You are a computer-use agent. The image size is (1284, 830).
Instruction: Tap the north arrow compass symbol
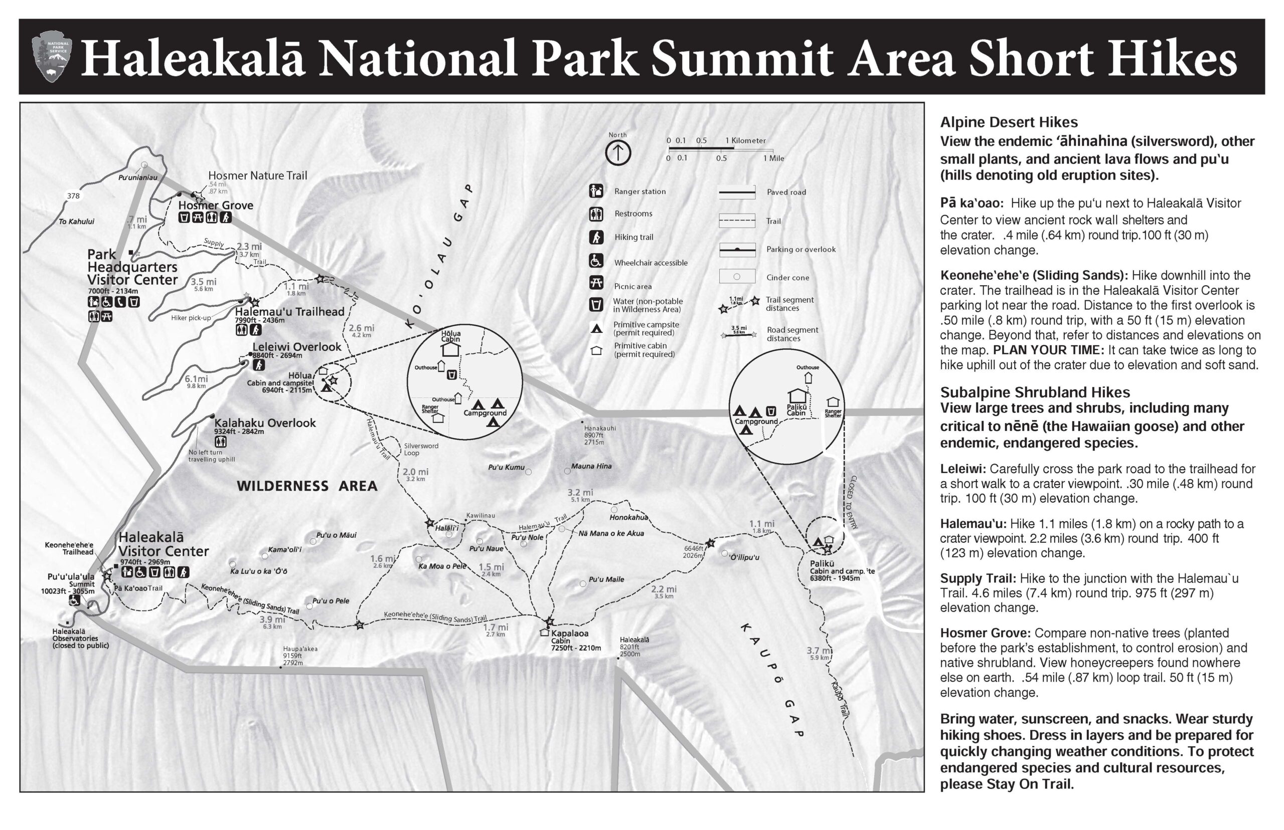[x=617, y=153]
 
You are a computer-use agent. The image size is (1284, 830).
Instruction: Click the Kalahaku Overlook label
[x=265, y=423]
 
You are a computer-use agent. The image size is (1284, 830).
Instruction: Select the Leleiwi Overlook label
[x=296, y=347]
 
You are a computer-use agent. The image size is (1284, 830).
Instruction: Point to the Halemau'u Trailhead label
[x=289, y=312]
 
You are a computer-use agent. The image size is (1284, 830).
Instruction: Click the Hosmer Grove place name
[x=216, y=205]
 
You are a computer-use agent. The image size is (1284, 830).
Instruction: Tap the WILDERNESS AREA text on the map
[x=307, y=486]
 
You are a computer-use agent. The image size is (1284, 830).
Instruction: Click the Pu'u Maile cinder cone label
[x=606, y=579]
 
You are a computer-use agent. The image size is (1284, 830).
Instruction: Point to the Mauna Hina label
[x=591, y=466]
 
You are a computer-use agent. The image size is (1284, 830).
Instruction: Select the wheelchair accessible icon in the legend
[x=596, y=261]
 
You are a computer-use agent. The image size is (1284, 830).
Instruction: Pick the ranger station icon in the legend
[x=596, y=191]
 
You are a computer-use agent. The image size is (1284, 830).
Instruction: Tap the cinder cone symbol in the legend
[x=737, y=277]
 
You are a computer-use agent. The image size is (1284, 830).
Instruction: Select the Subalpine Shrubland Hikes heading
[x=1035, y=392]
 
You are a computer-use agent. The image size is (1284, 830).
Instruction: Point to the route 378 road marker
[x=73, y=195]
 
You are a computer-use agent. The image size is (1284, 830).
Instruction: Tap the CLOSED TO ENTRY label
[x=853, y=502]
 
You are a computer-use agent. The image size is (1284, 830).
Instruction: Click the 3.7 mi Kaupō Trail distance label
[x=819, y=651]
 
